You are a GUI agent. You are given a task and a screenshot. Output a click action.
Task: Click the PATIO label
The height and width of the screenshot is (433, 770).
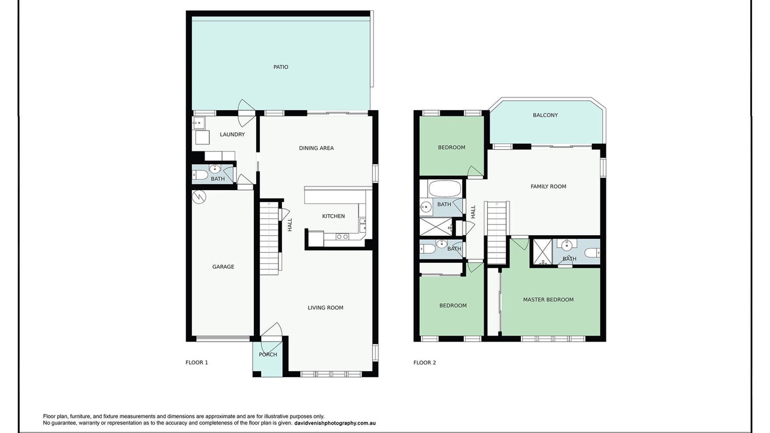tap(280, 67)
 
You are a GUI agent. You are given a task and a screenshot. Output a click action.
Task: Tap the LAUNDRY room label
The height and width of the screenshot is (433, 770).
tap(232, 134)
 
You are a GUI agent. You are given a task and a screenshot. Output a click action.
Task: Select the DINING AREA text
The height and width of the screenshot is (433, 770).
tap(316, 148)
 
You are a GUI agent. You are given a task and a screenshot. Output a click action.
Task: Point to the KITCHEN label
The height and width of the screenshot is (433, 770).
tap(333, 216)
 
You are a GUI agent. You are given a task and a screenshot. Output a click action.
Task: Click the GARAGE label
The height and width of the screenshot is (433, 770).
tap(223, 266)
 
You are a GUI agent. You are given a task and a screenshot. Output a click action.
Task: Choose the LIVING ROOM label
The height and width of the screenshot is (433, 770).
tap(325, 307)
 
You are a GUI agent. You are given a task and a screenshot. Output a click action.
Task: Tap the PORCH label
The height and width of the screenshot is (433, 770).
tap(268, 355)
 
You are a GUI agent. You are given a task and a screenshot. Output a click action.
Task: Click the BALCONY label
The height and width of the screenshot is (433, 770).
tap(545, 115)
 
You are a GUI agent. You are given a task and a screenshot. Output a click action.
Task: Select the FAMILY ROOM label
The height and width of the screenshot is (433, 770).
tap(548, 186)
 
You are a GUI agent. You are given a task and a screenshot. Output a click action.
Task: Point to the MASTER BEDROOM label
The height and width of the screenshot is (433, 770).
tap(548, 299)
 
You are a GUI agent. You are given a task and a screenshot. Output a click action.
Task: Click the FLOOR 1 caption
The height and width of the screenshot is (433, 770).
tap(197, 363)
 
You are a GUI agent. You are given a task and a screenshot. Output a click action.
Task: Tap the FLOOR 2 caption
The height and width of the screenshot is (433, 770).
tap(425, 363)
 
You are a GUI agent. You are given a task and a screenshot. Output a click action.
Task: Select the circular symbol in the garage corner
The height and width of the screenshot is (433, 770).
tap(199, 197)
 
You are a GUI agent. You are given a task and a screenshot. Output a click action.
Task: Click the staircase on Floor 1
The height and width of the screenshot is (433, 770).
tap(269, 238)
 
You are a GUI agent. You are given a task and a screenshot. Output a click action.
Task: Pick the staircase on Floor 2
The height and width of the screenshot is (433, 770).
tap(497, 233)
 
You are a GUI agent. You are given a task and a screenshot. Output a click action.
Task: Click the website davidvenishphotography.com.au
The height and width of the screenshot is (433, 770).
tap(335, 423)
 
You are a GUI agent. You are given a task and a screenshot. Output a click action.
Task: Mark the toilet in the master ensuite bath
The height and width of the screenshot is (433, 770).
tap(592, 253)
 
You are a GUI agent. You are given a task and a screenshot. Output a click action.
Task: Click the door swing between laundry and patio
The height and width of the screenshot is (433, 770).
tap(246, 112)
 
